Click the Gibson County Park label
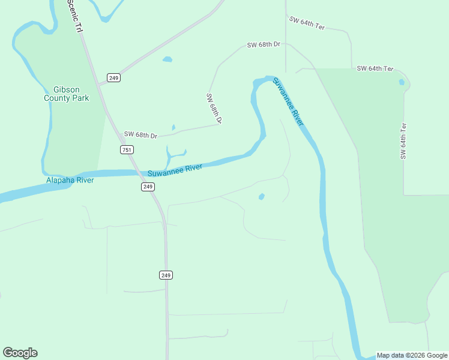pos(67,93)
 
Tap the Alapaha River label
pos(70,180)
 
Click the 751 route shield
pos(127,150)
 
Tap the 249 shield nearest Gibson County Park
pos(113,77)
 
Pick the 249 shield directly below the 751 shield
pos(148,187)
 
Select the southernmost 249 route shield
pos(166,275)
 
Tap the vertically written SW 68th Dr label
pos(214,109)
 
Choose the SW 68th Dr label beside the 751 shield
pos(140,135)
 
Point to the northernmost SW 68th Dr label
pos(264,45)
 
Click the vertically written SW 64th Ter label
pos(404,141)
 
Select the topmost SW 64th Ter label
pos(307,23)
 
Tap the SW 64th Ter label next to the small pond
pos(375,69)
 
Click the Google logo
pos(20,353)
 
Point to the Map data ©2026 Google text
pos(411,355)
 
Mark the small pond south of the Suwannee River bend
pos(261,196)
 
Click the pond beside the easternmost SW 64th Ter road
pos(402,82)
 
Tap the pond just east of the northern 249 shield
pos(167,59)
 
